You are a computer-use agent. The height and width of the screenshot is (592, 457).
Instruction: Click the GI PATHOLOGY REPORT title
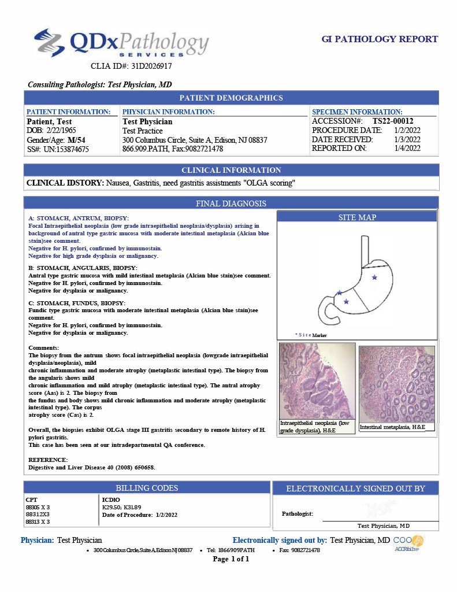(x=380, y=39)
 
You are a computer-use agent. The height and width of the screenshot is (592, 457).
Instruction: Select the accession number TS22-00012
(x=393, y=121)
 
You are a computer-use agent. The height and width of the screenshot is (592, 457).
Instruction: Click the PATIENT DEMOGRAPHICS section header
(x=231, y=98)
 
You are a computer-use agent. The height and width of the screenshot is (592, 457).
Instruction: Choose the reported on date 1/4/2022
(x=407, y=149)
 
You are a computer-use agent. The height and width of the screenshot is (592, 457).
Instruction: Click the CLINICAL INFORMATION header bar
(x=231, y=170)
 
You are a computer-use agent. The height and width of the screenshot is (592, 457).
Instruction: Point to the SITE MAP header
(x=357, y=217)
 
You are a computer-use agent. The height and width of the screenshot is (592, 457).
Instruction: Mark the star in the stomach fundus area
(x=374, y=277)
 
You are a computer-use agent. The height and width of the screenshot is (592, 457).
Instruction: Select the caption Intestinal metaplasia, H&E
(x=392, y=427)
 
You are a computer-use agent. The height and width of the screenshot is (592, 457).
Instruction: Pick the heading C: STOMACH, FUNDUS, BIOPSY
(x=77, y=303)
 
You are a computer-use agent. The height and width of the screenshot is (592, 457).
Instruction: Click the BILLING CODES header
(x=147, y=488)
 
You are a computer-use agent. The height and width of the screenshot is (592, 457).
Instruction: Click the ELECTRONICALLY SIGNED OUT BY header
(x=355, y=489)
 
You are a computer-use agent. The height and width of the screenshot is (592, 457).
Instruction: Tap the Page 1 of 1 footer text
(x=231, y=559)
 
